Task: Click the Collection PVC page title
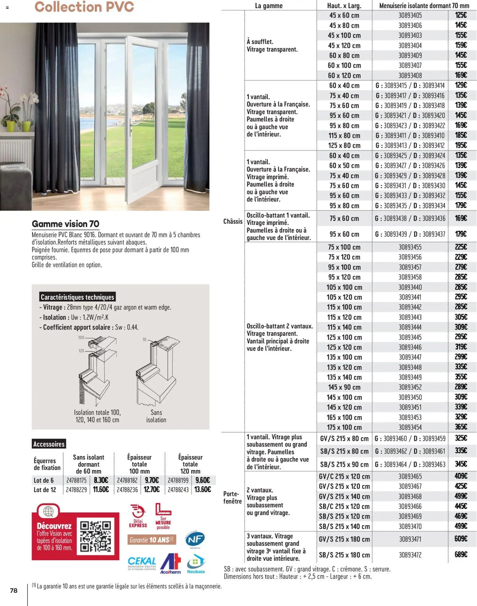click(84, 7)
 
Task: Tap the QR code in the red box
click(95, 536)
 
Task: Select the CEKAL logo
click(142, 563)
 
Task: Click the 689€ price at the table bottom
click(461, 554)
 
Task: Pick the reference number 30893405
click(410, 15)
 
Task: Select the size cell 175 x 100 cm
click(344, 427)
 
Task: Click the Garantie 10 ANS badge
click(151, 540)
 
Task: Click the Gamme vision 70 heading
click(66, 224)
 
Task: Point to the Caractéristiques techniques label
click(77, 297)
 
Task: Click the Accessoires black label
click(49, 444)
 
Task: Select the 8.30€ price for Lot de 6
click(101, 480)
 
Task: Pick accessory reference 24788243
click(178, 489)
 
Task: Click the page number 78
click(14, 590)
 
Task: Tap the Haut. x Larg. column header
click(344, 6)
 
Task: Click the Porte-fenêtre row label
click(232, 497)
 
